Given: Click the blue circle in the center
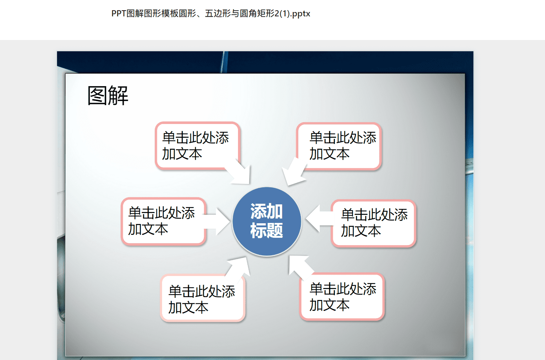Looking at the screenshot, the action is point(267,221).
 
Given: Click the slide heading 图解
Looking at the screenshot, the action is point(108,96).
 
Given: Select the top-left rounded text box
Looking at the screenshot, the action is point(198,146).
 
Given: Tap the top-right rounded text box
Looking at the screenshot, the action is point(339,146).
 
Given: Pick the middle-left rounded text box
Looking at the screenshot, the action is point(163,221).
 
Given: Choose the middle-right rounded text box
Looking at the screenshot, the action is point(374,223).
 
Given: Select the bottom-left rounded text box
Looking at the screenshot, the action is point(203,298).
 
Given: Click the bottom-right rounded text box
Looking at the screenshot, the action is point(342,296).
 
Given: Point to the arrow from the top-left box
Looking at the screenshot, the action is point(240,172).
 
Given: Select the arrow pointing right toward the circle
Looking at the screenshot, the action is point(217,221).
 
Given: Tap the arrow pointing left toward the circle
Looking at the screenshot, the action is point(319,219).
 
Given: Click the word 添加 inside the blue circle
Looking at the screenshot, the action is point(267,211).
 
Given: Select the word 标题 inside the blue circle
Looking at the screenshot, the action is point(267,230).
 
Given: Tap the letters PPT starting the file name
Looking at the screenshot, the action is point(119,13).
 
